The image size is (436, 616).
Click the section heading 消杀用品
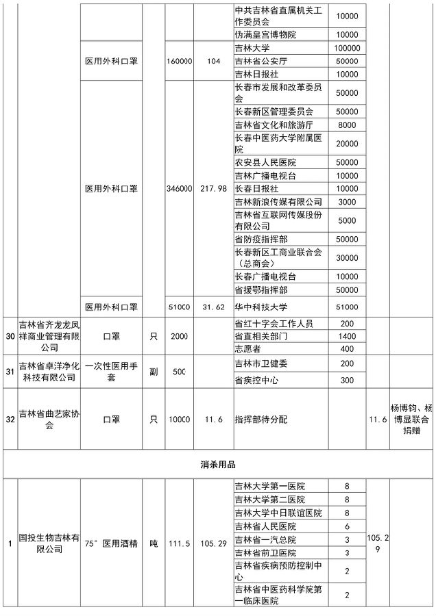(217, 465)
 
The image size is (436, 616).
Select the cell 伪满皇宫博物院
(265, 34)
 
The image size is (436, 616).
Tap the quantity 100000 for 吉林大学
(347, 49)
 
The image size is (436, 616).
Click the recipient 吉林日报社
(258, 74)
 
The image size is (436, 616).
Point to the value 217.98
(213, 189)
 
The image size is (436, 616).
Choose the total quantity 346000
(179, 189)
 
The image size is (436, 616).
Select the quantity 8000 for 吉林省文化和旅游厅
(347, 125)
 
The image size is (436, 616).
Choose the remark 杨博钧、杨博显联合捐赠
(413, 418)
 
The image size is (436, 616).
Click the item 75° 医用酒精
(111, 543)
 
